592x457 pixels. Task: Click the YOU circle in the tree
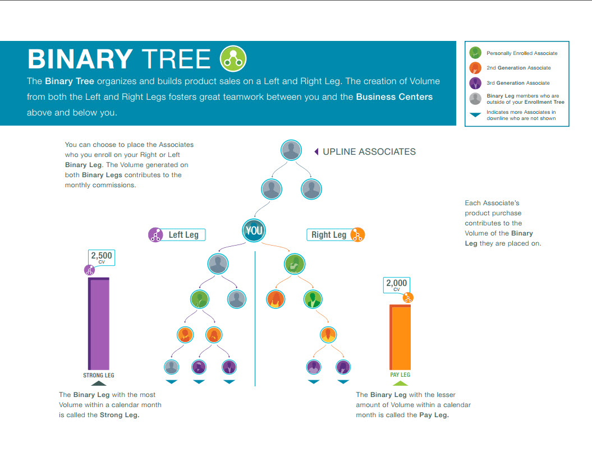click(254, 230)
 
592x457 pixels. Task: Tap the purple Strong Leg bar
click(99, 324)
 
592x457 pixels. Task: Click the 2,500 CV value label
click(102, 257)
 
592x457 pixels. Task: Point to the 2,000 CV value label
click(396, 285)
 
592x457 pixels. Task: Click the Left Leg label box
click(183, 235)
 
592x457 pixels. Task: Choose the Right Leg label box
click(329, 235)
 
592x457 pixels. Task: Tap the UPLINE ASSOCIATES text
click(369, 151)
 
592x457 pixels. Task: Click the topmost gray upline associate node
click(290, 150)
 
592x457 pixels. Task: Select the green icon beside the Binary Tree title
click(233, 58)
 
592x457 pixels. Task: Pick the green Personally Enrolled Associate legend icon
click(475, 53)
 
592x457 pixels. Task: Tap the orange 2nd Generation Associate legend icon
click(475, 68)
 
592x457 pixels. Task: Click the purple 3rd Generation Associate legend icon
click(475, 83)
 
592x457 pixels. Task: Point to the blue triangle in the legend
click(475, 115)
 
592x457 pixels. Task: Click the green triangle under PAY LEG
click(400, 383)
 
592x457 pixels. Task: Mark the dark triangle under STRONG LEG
click(98, 383)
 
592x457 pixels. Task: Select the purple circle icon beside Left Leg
click(155, 235)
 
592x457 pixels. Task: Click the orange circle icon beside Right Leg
click(357, 235)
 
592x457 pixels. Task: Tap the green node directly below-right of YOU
click(294, 264)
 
